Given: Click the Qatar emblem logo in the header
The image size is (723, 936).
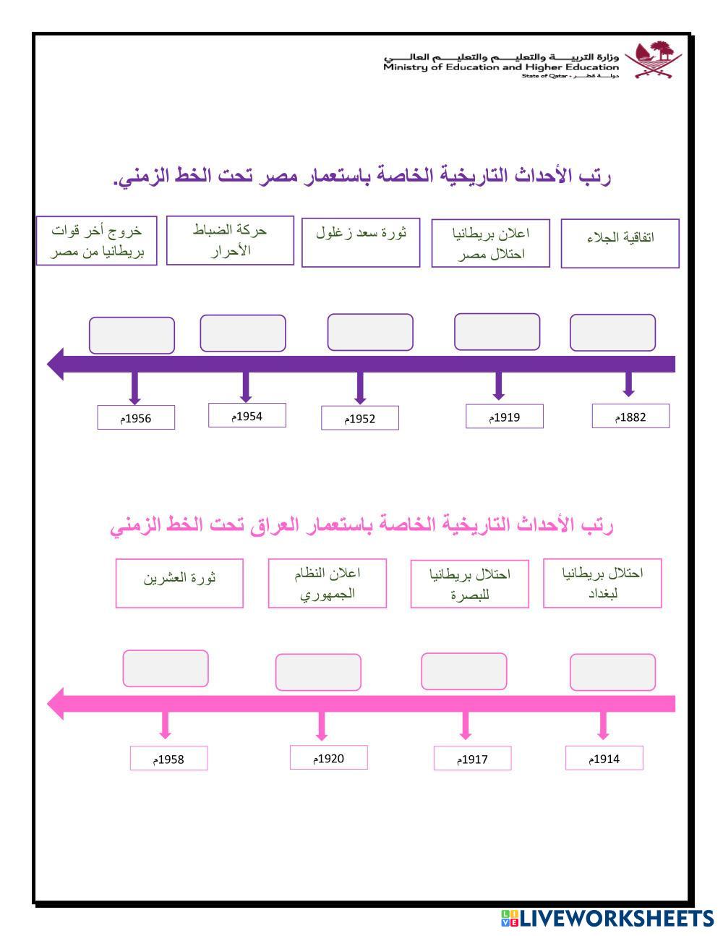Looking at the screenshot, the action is click(x=652, y=59).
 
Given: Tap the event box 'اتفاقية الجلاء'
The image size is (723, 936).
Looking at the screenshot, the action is click(x=620, y=243).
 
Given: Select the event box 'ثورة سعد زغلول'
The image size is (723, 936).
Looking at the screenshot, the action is click(x=360, y=242).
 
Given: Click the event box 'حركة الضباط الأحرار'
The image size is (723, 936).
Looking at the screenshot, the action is click(x=230, y=240).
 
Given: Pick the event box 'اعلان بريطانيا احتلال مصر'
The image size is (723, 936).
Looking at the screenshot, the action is click(x=490, y=243).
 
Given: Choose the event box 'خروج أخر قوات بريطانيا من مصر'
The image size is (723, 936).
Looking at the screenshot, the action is click(x=96, y=241).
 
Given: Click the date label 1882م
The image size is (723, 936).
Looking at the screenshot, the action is click(x=630, y=416).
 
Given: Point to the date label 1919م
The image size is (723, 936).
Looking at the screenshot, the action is click(x=504, y=417).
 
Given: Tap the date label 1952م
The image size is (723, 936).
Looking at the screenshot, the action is click(x=359, y=418).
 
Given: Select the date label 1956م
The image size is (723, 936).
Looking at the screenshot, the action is click(x=136, y=417).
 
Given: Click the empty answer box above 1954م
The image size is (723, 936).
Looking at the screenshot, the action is click(x=242, y=333).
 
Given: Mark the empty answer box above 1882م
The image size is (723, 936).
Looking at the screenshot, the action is click(x=612, y=333).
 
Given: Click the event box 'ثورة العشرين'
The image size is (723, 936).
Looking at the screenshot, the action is click(x=179, y=583).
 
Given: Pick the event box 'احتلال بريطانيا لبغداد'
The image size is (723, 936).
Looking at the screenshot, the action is click(x=602, y=583).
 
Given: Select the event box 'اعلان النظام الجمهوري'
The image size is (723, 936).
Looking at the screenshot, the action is click(x=327, y=583).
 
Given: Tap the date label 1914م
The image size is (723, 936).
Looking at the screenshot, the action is click(x=604, y=758).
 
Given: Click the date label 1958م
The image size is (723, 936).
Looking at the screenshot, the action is click(x=168, y=759).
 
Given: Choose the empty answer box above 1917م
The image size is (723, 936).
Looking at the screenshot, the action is click(x=463, y=671).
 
